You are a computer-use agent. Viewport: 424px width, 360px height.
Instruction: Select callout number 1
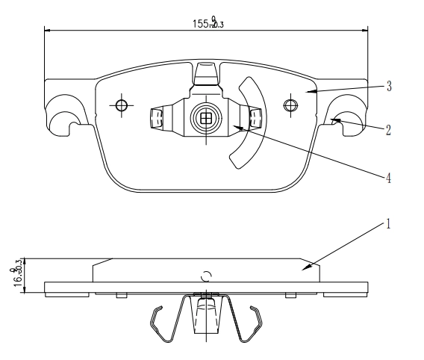coord(388,223)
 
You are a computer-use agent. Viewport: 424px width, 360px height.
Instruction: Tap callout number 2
coord(388,128)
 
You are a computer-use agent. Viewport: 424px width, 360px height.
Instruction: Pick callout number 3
coord(388,86)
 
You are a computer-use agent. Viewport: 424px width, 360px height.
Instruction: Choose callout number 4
coord(388,178)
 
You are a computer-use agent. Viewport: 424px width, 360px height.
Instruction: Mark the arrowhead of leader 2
coord(333,118)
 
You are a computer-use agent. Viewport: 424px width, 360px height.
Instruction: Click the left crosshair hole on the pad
coord(121,105)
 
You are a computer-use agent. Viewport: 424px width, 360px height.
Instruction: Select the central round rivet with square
coord(205,117)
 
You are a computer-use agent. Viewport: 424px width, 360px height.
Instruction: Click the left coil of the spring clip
coord(158,118)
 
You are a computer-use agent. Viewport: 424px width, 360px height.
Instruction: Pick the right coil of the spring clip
coord(254,118)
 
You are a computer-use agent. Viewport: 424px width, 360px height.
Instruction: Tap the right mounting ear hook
coord(348,116)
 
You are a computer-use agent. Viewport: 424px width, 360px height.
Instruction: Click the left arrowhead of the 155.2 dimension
coord(47,31)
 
